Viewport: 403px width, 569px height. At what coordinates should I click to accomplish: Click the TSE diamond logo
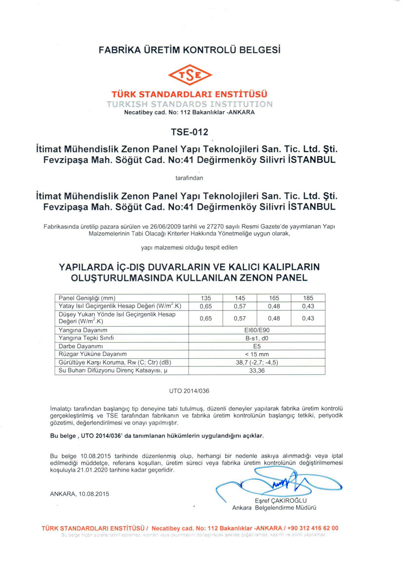coord(190,75)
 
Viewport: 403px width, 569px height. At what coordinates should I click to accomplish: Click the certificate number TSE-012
coord(190,132)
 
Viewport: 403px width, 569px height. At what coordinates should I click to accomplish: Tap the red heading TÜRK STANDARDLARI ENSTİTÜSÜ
coord(190,94)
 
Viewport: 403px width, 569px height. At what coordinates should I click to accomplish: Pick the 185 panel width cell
coord(307,298)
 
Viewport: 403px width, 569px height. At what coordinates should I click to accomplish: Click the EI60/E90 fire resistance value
coord(256,330)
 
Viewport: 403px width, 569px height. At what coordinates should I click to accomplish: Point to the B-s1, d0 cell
coord(256,337)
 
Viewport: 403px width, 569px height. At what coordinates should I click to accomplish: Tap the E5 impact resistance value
coord(256,346)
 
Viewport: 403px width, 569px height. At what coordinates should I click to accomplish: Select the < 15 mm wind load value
coord(256,354)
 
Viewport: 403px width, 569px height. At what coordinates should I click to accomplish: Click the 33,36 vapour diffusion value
coord(256,370)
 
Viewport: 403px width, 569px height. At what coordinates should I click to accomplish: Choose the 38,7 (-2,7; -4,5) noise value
coord(256,362)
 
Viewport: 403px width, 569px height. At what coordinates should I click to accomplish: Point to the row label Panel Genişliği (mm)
coord(87,298)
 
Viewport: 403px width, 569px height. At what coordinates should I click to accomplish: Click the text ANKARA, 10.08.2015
coord(79,494)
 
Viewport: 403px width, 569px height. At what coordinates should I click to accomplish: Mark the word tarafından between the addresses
coord(189,178)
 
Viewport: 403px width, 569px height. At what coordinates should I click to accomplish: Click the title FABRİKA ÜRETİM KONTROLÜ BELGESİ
coord(190,50)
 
